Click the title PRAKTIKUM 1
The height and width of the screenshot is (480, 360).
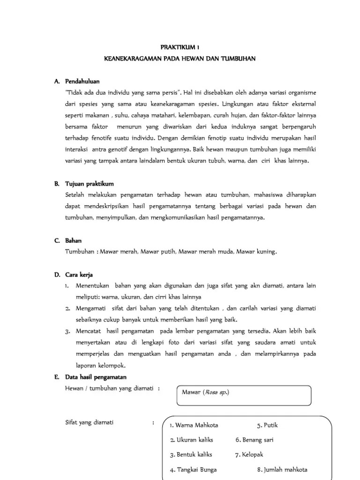point(180,47)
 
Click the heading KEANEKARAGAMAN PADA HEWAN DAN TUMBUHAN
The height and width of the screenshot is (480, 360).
point(180,60)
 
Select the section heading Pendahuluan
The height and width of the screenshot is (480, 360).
point(82,82)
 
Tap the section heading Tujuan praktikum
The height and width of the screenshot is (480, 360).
point(90,184)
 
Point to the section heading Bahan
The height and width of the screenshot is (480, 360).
point(74,240)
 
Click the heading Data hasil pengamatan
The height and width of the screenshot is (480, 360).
point(96,377)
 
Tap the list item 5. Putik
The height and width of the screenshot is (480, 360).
point(267,425)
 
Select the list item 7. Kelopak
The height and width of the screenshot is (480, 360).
point(249,455)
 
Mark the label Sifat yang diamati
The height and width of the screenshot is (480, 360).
point(89,422)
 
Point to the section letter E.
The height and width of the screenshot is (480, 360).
point(56,377)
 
